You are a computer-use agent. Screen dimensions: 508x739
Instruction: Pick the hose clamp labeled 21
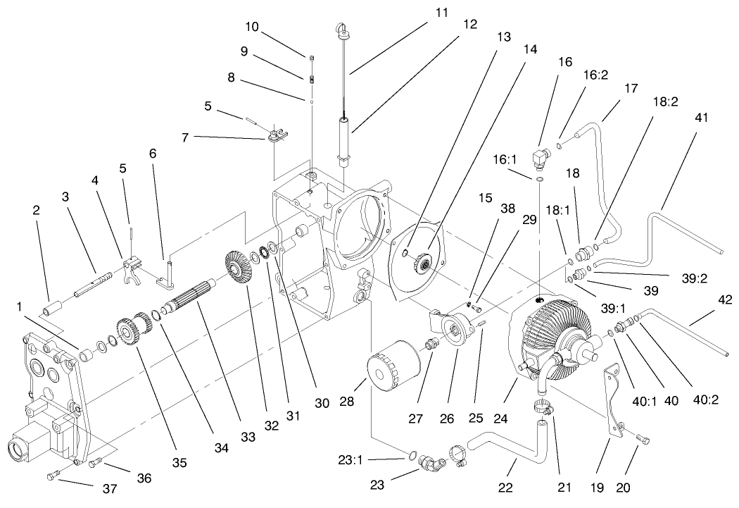(543, 406)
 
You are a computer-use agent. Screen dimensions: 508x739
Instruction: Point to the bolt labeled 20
(643, 440)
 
